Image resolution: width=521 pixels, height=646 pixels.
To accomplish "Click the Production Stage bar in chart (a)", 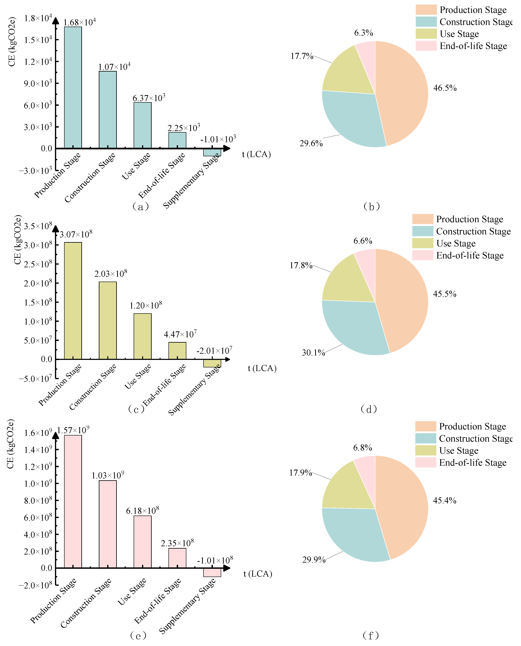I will tap(73, 87).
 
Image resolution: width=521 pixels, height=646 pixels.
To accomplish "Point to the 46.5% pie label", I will tap(445, 88).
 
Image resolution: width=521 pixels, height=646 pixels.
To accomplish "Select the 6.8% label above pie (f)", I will tap(363, 447).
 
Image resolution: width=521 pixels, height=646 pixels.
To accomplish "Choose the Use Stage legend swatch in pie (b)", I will tap(426, 34).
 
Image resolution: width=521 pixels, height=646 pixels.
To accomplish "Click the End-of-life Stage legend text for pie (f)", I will tap(473, 463).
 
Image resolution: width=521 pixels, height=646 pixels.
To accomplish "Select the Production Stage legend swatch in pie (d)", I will tap(422, 219).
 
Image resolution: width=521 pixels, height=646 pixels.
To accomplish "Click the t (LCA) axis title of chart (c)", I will tap(262, 368).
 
